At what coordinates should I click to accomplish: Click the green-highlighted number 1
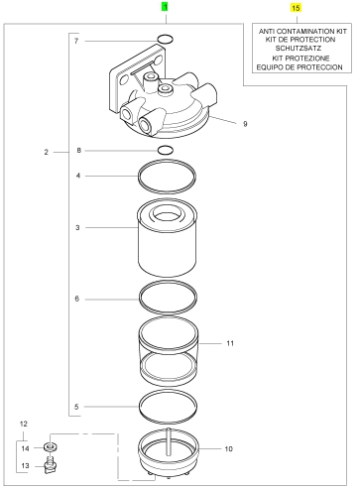[x=165, y=7]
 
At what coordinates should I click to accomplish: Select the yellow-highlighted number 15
[x=296, y=8]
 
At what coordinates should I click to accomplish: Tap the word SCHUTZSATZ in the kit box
[x=299, y=49]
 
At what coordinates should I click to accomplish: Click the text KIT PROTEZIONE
[x=300, y=58]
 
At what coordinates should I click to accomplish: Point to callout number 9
[x=245, y=124]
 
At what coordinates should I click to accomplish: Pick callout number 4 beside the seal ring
[x=78, y=176]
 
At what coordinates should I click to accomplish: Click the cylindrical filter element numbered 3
[x=168, y=237]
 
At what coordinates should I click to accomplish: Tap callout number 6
[x=77, y=299]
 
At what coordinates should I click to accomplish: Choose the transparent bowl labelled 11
[x=168, y=351]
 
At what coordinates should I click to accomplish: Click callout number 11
[x=230, y=343]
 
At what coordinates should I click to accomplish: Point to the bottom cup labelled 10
[x=168, y=453]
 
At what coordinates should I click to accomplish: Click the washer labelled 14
[x=51, y=447]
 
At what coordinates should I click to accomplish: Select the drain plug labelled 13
[x=51, y=464]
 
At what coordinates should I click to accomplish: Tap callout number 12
[x=24, y=424]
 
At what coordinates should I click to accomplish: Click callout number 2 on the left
[x=46, y=152]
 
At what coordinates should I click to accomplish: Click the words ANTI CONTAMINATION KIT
[x=302, y=32]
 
